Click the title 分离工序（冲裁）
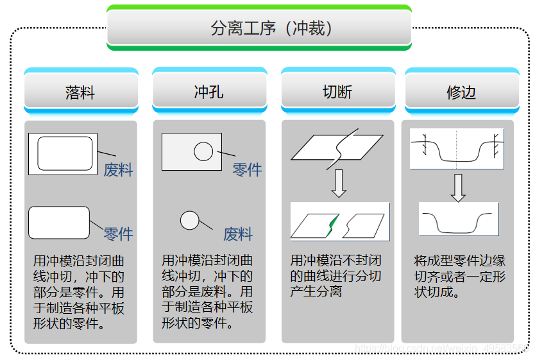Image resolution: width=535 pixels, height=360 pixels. pyautogui.click(x=271, y=28)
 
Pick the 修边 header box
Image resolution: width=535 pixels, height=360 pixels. pyautogui.click(x=462, y=91)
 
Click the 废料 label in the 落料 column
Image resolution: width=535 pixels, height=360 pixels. pyautogui.click(x=119, y=170)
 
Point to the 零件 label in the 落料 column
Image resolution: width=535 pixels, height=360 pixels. pyautogui.click(x=119, y=234)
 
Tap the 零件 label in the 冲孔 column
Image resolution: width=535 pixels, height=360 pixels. pyautogui.click(x=247, y=169)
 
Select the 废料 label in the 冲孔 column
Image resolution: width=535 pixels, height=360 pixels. pyautogui.click(x=238, y=234)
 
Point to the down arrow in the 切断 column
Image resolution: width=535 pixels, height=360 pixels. pyautogui.click(x=339, y=184)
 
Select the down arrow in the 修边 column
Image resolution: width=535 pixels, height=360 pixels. pyautogui.click(x=458, y=188)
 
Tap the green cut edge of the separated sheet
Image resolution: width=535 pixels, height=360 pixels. pyautogui.click(x=332, y=225)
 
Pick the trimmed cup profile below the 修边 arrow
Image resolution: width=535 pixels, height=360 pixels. pyautogui.click(x=457, y=232)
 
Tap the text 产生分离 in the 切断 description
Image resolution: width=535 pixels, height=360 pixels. pyautogui.click(x=316, y=291)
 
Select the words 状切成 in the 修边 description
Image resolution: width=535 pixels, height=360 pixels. pyautogui.click(x=433, y=292)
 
